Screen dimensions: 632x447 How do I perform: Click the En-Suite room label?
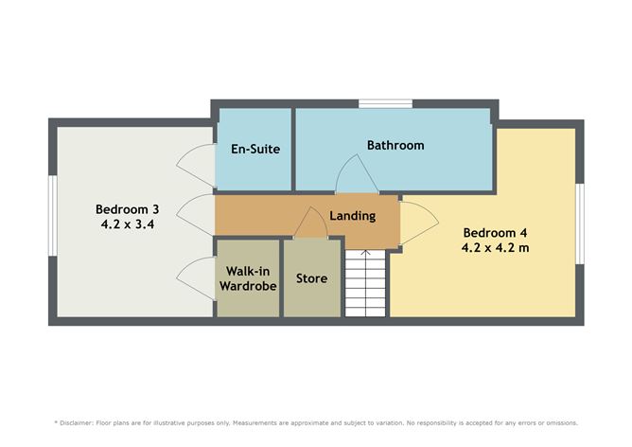tap(255, 149)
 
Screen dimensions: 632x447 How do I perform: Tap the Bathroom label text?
tap(395, 145)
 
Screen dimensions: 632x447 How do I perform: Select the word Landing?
tap(353, 216)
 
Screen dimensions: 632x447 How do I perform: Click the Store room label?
tap(311, 278)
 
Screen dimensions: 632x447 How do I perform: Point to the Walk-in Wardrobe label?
tap(248, 278)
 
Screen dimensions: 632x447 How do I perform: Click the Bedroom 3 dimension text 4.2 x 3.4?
tap(128, 223)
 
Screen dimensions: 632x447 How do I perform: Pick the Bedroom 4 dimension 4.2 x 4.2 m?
tap(495, 247)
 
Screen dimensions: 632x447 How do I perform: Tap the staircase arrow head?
tap(365, 253)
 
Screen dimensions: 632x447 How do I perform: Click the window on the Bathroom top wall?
tap(385, 103)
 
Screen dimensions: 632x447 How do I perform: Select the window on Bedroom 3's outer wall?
tap(53, 215)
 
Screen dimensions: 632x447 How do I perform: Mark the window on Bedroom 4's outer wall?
tap(580, 223)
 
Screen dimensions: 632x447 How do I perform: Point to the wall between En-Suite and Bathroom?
tap(293, 149)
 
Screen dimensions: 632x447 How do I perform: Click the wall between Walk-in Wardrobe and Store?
tap(281, 278)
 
